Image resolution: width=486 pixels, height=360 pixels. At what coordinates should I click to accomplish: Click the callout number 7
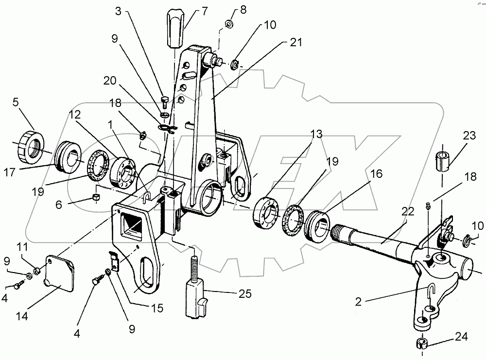pyautogui.click(x=191, y=10)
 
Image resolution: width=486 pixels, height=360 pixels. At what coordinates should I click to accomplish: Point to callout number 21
pyautogui.click(x=296, y=42)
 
